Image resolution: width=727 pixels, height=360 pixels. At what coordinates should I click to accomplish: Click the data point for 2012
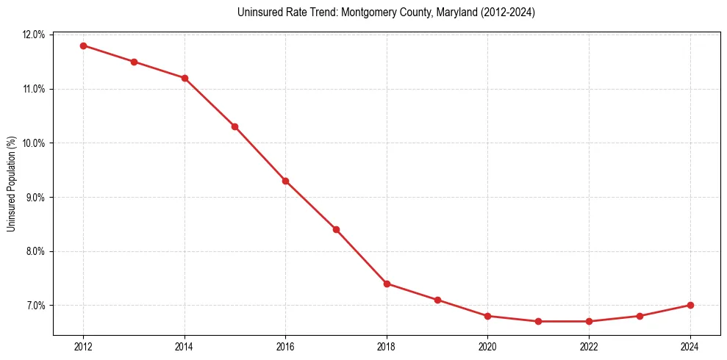click(x=83, y=46)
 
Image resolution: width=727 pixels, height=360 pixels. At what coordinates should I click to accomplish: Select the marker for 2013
click(x=134, y=62)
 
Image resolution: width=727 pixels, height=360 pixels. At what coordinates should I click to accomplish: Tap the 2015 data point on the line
click(x=234, y=126)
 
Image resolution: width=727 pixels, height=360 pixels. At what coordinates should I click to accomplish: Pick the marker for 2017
click(x=336, y=229)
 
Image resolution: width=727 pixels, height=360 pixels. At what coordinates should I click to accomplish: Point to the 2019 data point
click(x=437, y=300)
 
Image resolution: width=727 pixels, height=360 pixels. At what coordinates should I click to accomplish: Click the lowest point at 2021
click(x=538, y=321)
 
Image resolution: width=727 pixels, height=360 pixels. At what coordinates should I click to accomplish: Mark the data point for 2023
click(x=640, y=316)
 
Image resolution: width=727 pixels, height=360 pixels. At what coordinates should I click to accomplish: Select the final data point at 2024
click(x=690, y=305)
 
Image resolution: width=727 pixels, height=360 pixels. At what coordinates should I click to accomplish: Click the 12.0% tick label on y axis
click(x=34, y=35)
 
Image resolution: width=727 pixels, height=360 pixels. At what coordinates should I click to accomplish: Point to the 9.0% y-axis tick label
click(x=35, y=197)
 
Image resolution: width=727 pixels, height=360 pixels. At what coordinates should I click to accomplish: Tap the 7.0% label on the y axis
click(x=35, y=305)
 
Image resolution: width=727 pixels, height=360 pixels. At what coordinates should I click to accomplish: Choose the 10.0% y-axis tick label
click(x=34, y=143)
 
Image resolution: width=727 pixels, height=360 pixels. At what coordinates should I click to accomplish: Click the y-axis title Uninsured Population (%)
click(x=11, y=184)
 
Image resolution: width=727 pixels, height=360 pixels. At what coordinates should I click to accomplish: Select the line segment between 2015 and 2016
click(x=259, y=154)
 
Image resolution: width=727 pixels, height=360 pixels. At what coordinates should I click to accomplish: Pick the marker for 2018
click(x=387, y=284)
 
